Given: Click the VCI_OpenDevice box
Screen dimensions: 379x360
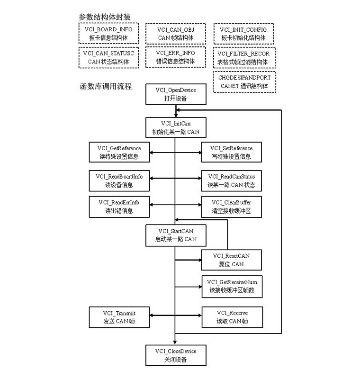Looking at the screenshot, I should (x=175, y=94).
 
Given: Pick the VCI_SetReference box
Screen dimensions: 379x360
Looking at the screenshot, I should (x=232, y=153).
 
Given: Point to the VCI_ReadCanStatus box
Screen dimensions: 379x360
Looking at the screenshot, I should (x=232, y=180).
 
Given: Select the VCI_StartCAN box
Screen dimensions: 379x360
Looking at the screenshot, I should (x=175, y=235).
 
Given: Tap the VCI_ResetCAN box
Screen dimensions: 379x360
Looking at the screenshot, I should (x=232, y=260).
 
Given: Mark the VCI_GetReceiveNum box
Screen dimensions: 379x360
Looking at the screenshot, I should (x=232, y=286).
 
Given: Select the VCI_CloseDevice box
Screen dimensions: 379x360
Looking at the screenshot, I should (x=175, y=355).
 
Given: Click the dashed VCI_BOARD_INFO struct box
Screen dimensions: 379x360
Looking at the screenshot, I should (x=108, y=33).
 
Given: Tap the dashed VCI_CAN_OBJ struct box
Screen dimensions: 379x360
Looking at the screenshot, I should (x=175, y=33).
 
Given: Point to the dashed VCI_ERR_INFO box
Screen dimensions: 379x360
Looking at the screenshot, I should (x=175, y=57).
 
